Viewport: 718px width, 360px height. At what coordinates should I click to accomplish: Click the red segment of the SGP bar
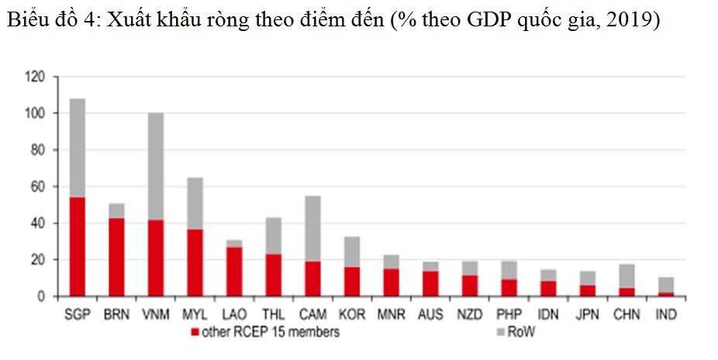pos(77,247)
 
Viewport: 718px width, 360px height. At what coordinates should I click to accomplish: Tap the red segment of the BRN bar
pos(117,257)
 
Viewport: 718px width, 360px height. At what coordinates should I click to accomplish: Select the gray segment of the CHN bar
pos(627,276)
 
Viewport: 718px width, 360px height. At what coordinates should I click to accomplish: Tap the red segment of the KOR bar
pos(353,282)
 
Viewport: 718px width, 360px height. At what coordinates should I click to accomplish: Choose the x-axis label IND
pos(667,315)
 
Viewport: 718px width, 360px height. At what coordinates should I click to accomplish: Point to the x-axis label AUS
pos(431,315)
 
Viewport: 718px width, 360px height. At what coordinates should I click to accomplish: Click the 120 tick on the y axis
pos(36,77)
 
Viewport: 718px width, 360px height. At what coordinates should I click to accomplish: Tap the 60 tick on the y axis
pos(39,187)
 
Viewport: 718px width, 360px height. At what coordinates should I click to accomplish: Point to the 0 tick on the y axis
pos(42,296)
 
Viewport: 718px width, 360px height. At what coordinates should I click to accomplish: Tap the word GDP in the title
pos(486,21)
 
